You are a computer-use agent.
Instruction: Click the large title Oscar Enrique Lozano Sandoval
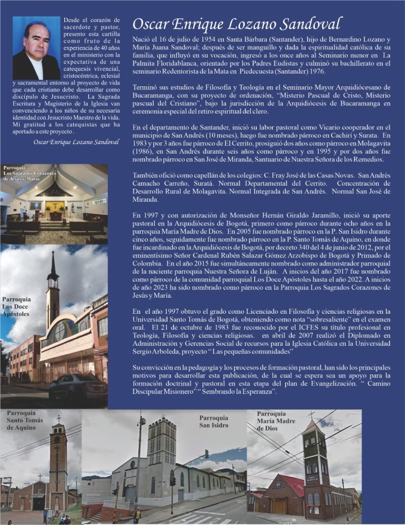coord(236,24)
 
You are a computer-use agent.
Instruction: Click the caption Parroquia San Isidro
coord(216,421)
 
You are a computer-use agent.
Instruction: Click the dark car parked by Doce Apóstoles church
coord(76,389)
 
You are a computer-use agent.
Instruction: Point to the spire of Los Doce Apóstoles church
coord(53,265)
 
